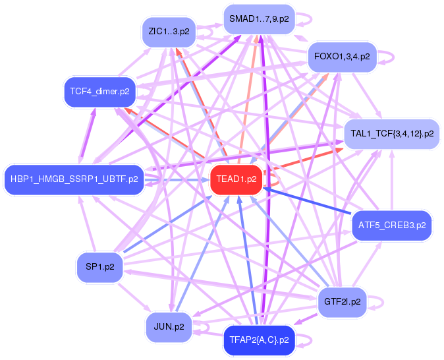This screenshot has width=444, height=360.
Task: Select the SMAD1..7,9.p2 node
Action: coord(259,20)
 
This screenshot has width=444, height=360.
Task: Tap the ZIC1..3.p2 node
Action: coord(169,31)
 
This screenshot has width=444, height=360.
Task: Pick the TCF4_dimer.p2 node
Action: coord(99,91)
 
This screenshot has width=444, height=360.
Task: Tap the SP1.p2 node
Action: coord(100,267)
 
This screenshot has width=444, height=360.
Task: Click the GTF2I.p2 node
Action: coord(343,302)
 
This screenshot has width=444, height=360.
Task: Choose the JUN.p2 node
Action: coord(169,326)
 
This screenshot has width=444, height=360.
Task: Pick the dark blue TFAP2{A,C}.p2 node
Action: coord(259,340)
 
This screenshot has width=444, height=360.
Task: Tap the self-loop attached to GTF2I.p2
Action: coord(377,302)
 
